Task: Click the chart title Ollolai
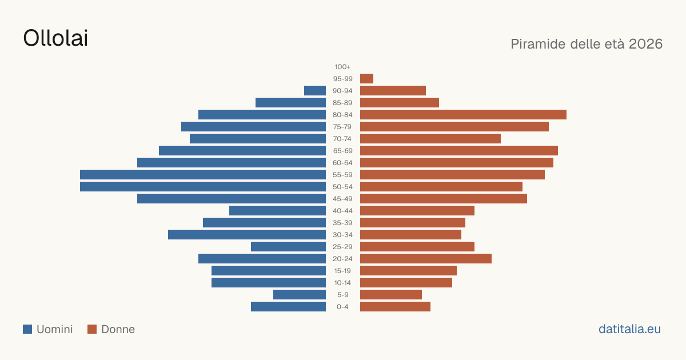(x=55, y=38)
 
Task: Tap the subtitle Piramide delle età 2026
(x=587, y=44)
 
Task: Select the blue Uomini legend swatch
(x=27, y=329)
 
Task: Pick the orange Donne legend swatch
(x=92, y=329)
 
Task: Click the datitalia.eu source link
(x=629, y=329)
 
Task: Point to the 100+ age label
(x=342, y=67)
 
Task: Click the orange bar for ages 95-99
(x=366, y=79)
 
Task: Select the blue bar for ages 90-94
(x=315, y=91)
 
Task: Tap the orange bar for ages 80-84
(x=464, y=114)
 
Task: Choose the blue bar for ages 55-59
(x=203, y=174)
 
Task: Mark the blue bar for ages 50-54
(x=203, y=187)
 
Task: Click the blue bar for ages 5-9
(x=300, y=294)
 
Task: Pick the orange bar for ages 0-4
(x=396, y=307)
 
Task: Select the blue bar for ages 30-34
(x=247, y=234)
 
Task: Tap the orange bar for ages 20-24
(x=426, y=259)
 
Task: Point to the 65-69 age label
(x=342, y=151)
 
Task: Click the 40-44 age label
(x=342, y=211)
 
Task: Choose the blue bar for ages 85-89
(x=290, y=102)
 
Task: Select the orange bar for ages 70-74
(x=430, y=139)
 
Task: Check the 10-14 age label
(x=342, y=282)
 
